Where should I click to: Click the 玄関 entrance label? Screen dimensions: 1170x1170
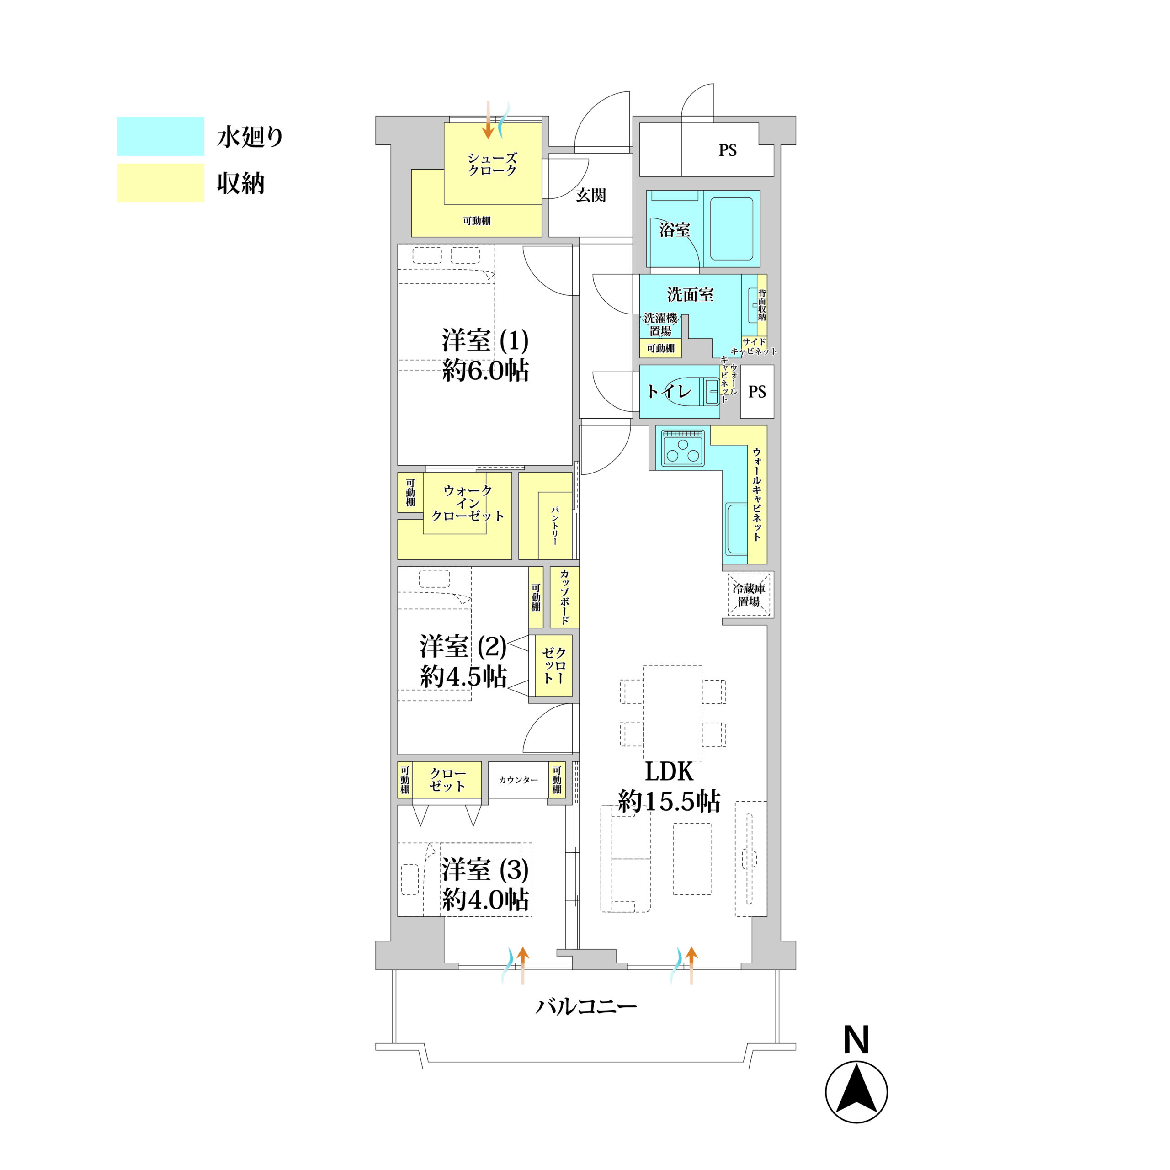coord(590,195)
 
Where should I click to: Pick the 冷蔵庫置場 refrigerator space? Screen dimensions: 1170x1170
coord(749,594)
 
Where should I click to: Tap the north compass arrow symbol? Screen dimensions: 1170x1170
coord(856,1091)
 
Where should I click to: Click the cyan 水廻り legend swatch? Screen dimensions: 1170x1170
coord(160,136)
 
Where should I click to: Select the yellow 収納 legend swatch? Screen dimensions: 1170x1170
coord(160,183)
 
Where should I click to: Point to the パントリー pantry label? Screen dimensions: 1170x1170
coord(555,525)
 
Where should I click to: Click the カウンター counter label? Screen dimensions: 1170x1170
coord(518,780)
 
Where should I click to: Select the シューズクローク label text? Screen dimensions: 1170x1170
coord(492,164)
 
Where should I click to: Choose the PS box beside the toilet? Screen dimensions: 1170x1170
coord(757,391)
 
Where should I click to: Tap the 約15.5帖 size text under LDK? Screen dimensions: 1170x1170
coord(669,801)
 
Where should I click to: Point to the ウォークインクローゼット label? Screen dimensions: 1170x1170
coord(467,503)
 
